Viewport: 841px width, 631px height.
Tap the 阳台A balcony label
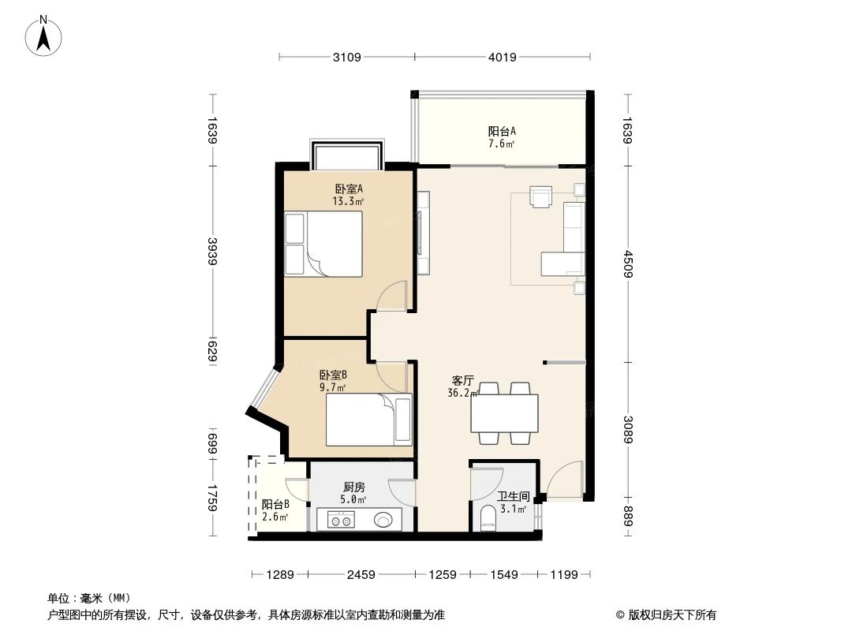pos(502,137)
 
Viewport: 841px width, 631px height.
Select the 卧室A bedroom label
pos(348,195)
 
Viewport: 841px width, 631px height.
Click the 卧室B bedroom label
pos(333,381)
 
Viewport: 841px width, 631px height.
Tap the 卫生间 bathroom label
pos(513,502)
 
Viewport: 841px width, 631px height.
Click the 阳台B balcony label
pos(275,510)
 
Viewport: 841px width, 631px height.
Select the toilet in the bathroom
pos(488,519)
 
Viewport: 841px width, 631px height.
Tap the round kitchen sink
pos(384,521)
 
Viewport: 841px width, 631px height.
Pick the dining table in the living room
pos(505,413)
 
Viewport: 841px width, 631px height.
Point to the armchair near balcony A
pos(541,196)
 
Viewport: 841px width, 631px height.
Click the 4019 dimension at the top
pos(502,57)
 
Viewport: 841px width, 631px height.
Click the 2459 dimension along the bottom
pos(361,574)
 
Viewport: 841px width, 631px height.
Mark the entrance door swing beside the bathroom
pos(565,483)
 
